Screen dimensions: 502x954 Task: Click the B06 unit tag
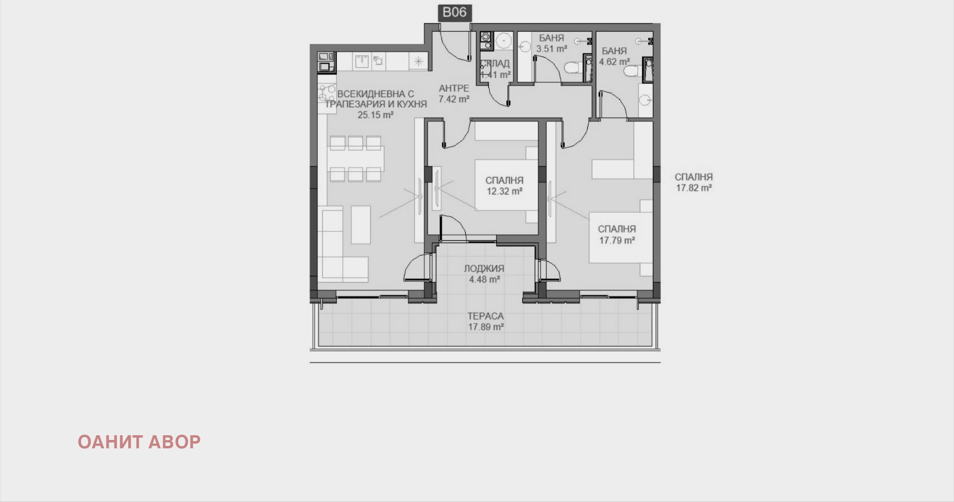pos(454,13)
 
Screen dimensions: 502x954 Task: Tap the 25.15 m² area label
pos(376,115)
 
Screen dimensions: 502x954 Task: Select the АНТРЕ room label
pos(454,88)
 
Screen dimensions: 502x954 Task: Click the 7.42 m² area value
pos(454,99)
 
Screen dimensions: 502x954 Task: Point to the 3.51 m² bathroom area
pos(552,49)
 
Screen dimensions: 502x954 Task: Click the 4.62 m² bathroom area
pos(615,61)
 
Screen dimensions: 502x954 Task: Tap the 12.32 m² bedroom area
pos(504,191)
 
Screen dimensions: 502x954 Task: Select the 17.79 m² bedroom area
pos(617,240)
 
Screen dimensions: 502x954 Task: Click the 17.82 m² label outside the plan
pos(693,188)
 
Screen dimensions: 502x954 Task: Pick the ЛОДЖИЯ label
pos(484,268)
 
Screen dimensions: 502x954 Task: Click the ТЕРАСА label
pos(485,316)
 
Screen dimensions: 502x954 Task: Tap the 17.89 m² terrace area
pos(485,327)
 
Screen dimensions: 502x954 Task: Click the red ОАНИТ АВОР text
pos(139,442)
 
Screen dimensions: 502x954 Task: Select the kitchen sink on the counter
pos(363,60)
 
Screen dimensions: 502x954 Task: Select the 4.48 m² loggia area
pos(484,279)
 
